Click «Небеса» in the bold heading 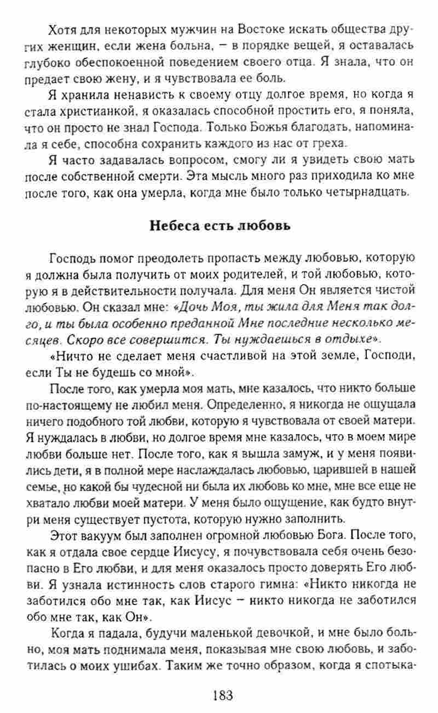(174, 227)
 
